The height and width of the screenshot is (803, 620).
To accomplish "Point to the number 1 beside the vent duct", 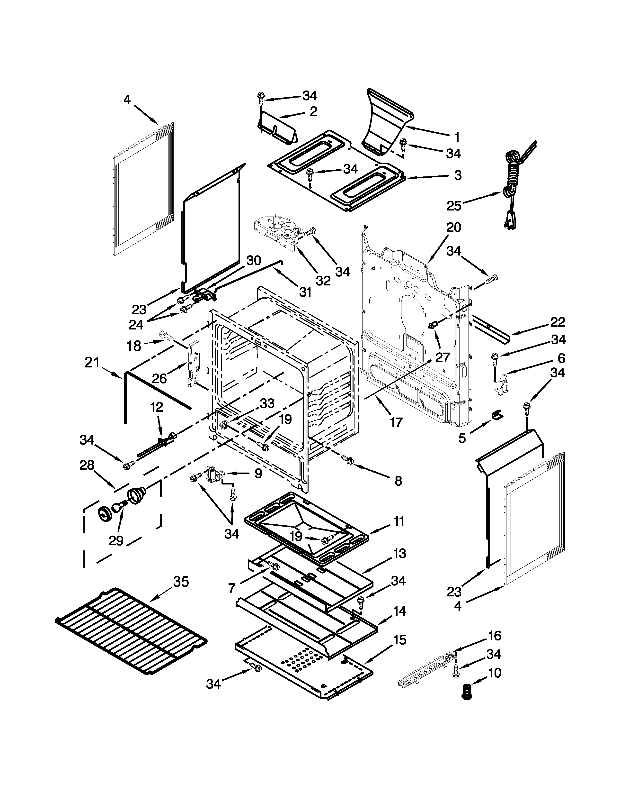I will point(457,137).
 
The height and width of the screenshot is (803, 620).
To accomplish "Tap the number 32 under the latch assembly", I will point(323,281).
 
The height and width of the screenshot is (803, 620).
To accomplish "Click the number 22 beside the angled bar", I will point(557,322).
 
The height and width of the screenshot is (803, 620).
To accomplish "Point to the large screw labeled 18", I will point(167,335).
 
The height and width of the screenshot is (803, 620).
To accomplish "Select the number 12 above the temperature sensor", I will point(157,407).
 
